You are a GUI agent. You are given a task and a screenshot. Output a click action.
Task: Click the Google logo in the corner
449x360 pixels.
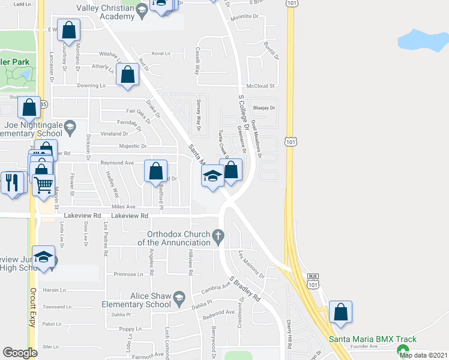click(20, 353)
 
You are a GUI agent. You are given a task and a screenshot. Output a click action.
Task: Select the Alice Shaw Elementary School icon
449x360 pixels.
click(179, 297)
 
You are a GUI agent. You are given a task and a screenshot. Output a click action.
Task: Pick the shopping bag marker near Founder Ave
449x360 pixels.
click(340, 312)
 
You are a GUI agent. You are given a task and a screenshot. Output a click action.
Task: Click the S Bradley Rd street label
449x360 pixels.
click(245, 288)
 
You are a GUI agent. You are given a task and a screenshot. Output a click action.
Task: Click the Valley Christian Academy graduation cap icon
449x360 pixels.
click(142, 10)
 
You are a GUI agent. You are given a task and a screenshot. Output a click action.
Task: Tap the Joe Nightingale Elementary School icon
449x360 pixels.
click(70, 128)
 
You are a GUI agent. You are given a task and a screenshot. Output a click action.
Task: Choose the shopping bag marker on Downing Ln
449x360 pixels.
click(127, 76)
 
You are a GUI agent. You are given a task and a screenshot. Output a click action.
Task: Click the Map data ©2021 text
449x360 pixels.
click(423, 355)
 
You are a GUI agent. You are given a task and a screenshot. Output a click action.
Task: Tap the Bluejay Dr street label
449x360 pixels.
click(264, 108)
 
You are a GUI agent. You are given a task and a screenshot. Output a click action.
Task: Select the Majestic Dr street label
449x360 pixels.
click(132, 146)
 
